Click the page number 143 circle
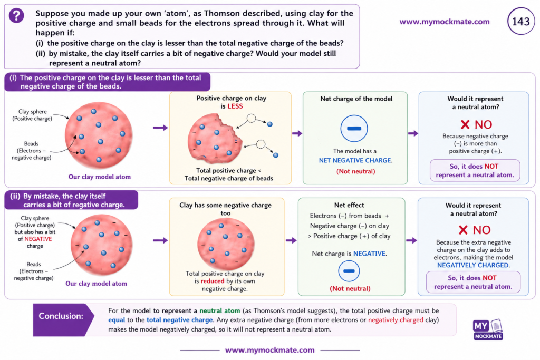click(x=520, y=21)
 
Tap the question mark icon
click(x=16, y=15)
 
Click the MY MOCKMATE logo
click(x=488, y=330)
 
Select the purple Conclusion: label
click(x=61, y=316)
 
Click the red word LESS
click(x=235, y=106)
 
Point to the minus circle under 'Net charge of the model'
click(x=354, y=129)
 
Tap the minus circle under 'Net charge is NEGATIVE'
click(x=349, y=271)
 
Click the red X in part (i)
click(x=465, y=124)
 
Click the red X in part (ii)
click(x=463, y=230)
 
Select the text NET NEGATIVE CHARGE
click(x=355, y=160)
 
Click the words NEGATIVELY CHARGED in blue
click(x=473, y=265)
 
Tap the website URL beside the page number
click(x=444, y=22)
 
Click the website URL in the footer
click(x=269, y=350)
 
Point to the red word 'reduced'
click(x=213, y=281)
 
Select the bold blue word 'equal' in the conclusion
click(x=117, y=320)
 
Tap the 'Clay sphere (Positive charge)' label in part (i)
click(x=32, y=115)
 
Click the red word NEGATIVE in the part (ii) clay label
click(x=38, y=239)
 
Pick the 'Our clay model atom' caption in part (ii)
click(x=96, y=284)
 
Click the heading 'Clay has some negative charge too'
click(x=225, y=209)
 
